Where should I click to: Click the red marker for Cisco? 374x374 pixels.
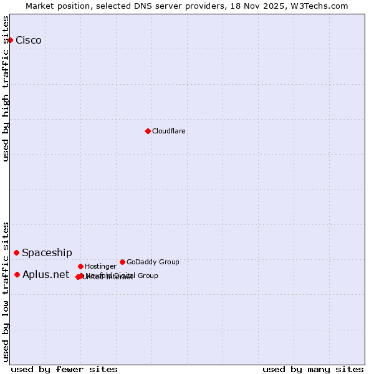click(x=10, y=40)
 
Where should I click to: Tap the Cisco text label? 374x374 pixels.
click(x=29, y=41)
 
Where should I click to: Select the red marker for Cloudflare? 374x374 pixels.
click(x=148, y=131)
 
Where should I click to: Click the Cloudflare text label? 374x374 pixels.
click(x=168, y=131)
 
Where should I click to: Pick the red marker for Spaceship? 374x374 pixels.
click(x=16, y=252)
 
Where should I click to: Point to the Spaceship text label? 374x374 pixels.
click(x=47, y=252)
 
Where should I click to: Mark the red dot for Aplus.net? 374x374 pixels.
click(x=17, y=274)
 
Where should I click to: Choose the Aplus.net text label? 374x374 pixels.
click(x=46, y=274)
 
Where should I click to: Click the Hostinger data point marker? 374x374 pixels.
click(x=80, y=266)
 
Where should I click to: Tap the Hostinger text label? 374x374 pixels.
click(x=100, y=266)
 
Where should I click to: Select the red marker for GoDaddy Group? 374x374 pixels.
click(x=122, y=262)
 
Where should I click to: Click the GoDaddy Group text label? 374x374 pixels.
click(x=153, y=262)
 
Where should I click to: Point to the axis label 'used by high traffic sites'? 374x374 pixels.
click(x=6, y=89)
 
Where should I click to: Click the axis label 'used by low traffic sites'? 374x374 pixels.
click(x=6, y=291)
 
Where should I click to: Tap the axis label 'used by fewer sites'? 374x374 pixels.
click(x=64, y=369)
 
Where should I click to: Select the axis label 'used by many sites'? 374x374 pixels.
click(x=313, y=369)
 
